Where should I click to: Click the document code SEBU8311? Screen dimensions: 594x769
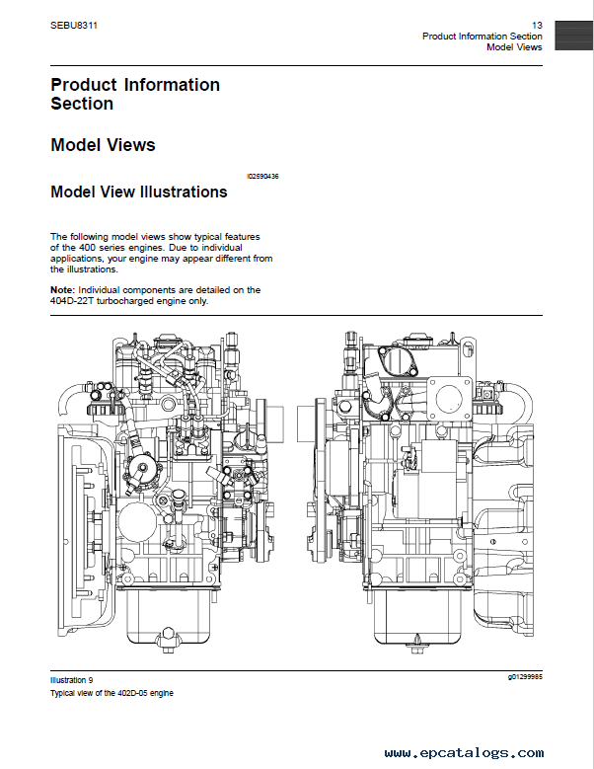[x=74, y=25]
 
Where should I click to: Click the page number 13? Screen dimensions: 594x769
[x=537, y=25]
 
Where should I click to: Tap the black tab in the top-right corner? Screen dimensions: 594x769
[x=574, y=36]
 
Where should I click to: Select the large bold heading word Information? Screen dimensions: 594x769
[x=172, y=85]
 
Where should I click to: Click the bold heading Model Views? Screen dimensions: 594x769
[x=103, y=145]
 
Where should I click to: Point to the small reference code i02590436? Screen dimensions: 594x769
[x=262, y=176]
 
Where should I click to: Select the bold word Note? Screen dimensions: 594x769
[x=63, y=290]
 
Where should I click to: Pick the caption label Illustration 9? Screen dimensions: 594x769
[x=72, y=680]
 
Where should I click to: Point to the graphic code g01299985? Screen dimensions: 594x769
[x=525, y=677]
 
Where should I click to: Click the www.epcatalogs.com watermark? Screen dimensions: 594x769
[x=464, y=753]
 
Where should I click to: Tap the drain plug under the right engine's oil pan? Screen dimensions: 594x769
[x=417, y=644]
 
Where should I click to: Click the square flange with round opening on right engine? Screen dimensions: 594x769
[x=449, y=398]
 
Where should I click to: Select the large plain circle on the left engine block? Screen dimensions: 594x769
[x=137, y=520]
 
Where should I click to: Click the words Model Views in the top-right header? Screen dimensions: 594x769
[x=514, y=47]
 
